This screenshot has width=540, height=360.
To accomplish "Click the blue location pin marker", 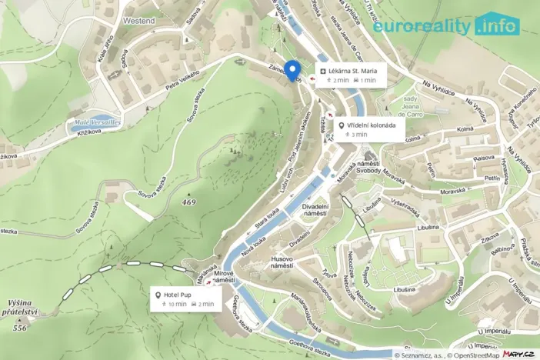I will (293, 69).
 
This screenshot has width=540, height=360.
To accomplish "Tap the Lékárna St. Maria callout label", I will (348, 75).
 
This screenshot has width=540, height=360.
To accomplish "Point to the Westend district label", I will (138, 21).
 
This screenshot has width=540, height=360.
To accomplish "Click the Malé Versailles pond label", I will (97, 122).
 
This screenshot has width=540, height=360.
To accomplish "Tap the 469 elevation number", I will (188, 202).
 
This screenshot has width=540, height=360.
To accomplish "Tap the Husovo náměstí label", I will (287, 263).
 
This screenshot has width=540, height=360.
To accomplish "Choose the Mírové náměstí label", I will (223, 277).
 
